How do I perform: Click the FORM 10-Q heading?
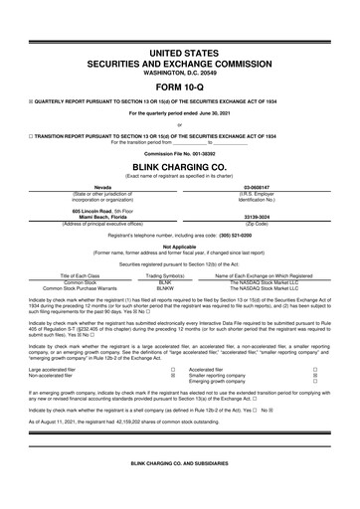[180, 89]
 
